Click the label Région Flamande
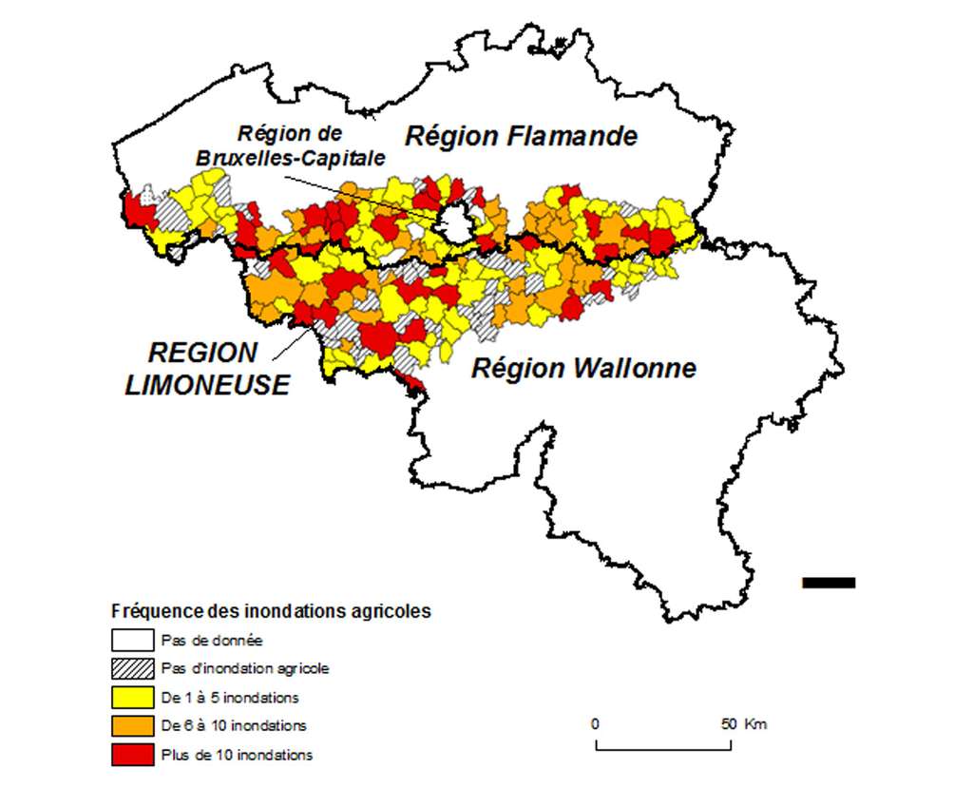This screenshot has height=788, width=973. (521, 136)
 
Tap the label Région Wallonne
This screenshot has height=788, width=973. (583, 368)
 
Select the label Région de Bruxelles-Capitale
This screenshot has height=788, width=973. (290, 146)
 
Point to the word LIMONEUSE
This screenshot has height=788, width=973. (208, 385)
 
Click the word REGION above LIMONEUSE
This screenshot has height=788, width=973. (202, 353)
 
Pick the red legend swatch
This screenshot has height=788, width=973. (133, 755)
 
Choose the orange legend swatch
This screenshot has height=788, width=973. (133, 725)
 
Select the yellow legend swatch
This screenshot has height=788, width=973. (133, 697)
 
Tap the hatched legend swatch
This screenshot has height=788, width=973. (133, 668)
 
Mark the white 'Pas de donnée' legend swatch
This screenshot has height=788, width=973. (133, 640)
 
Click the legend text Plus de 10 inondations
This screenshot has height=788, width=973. (237, 755)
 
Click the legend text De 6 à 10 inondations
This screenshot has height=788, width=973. (234, 725)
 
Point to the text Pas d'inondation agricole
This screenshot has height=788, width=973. (245, 668)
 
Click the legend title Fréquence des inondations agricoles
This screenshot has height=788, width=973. (271, 611)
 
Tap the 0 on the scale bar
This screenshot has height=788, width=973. (595, 723)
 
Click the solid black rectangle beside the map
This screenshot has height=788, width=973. (829, 582)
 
